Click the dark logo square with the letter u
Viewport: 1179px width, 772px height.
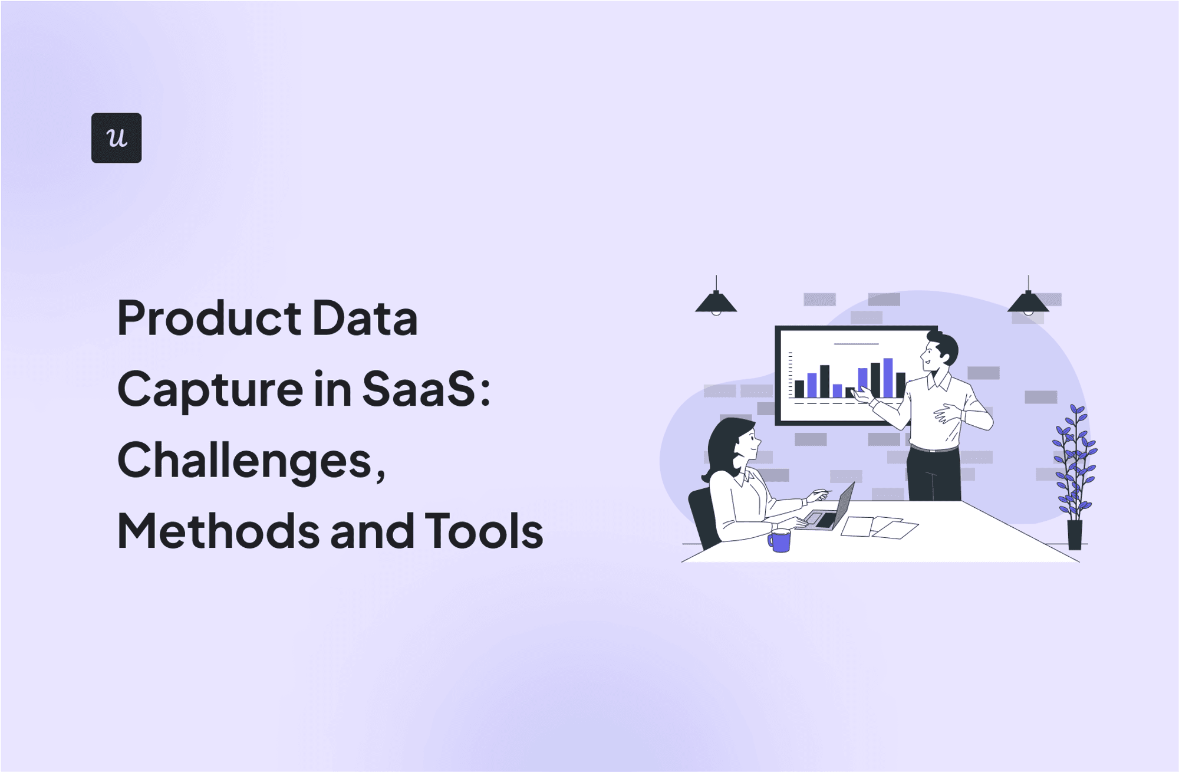[x=116, y=137]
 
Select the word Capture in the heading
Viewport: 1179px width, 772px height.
[x=210, y=390]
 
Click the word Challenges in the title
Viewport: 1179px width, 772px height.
[x=244, y=461]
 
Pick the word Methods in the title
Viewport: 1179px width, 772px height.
[x=218, y=531]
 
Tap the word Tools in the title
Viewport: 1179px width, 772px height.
[x=483, y=531]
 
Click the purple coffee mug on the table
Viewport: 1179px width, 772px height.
[x=779, y=540]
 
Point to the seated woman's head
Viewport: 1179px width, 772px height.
[x=734, y=442]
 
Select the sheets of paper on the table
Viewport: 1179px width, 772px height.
[x=878, y=526]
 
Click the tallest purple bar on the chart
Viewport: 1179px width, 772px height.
[x=888, y=377]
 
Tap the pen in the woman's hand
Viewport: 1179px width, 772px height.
[x=822, y=492]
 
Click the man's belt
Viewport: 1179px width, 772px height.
[x=934, y=449]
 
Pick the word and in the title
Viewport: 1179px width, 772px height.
[x=373, y=531]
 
